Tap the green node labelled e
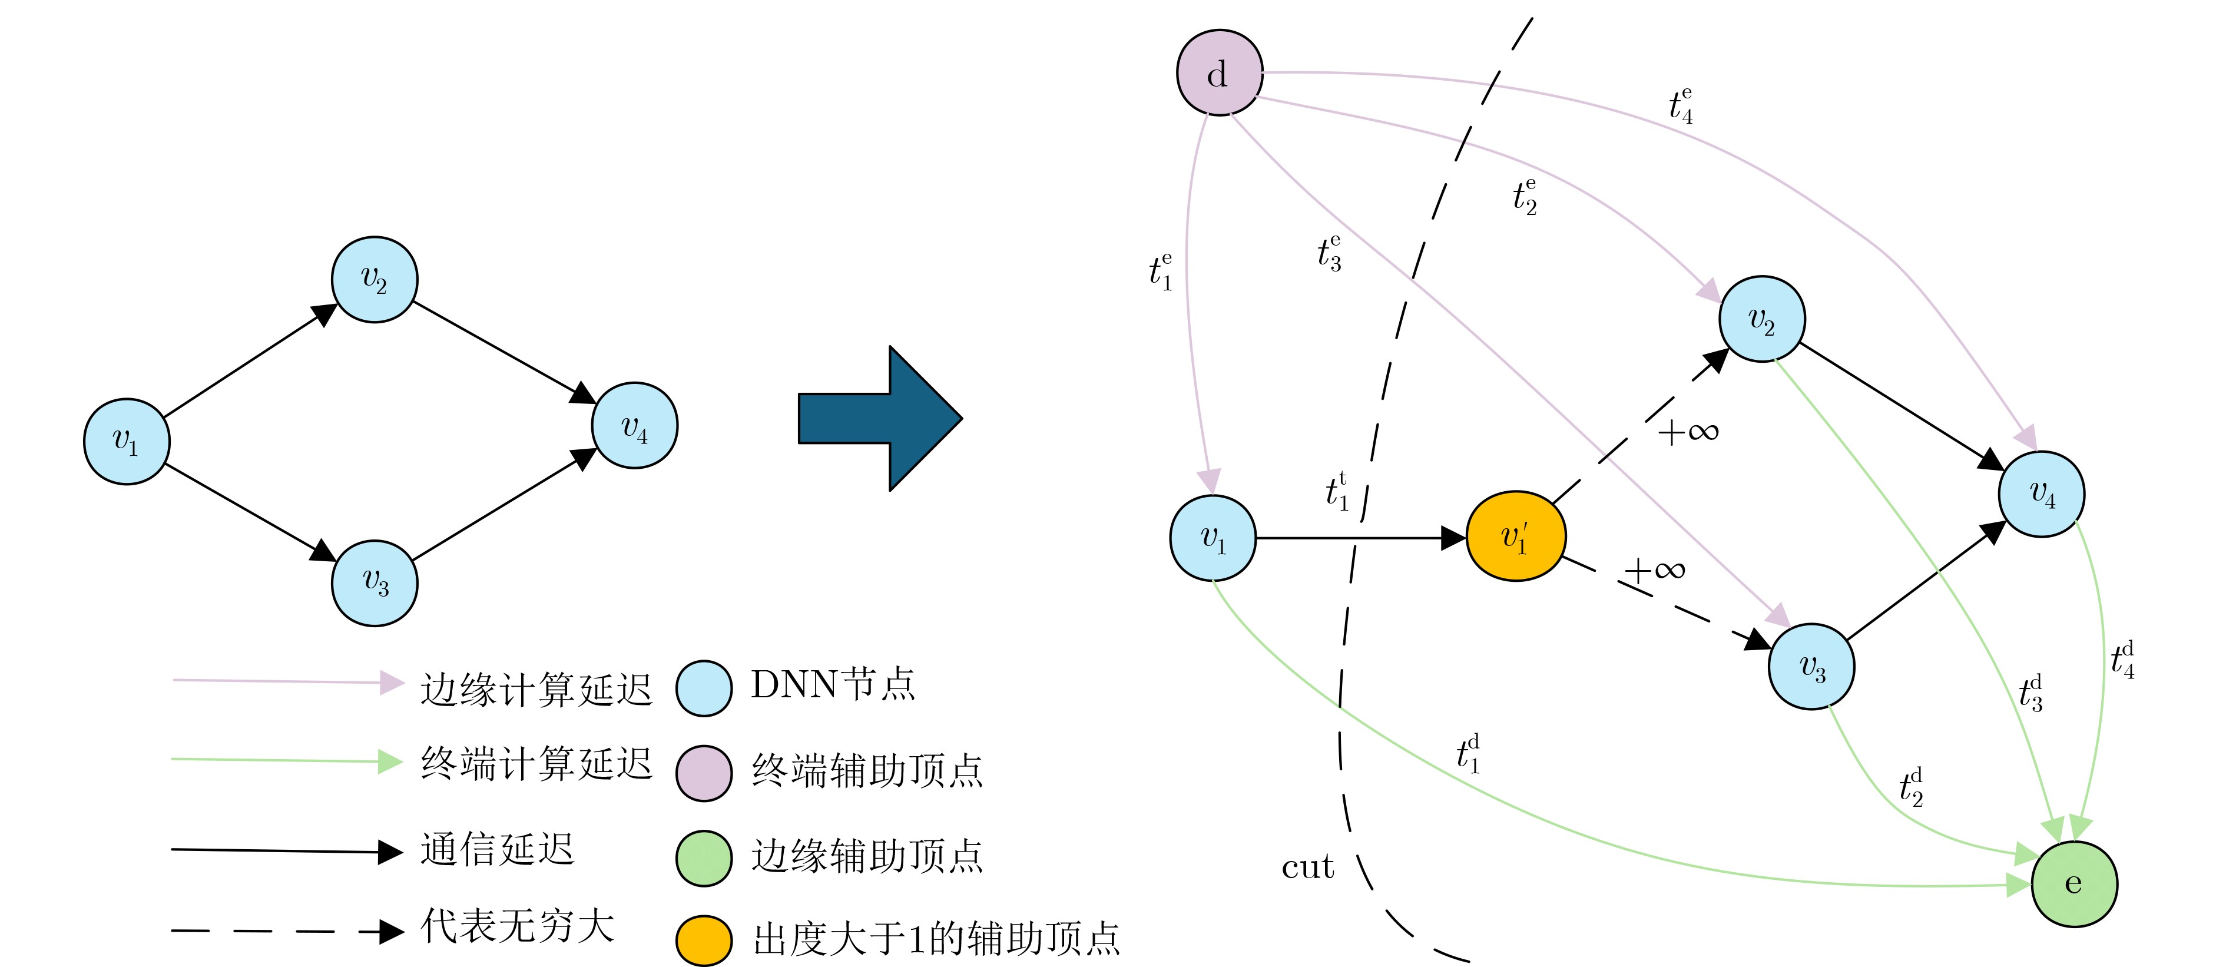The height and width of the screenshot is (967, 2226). [x=2073, y=883]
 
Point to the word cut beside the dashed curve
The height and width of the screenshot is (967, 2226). [x=1307, y=867]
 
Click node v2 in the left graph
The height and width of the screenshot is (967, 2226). [x=374, y=279]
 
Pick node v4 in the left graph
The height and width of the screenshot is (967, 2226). [x=634, y=425]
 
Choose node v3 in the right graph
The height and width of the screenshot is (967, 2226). [x=1811, y=666]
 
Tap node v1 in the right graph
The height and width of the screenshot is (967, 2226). [x=1213, y=538]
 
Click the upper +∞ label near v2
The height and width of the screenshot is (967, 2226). [x=1688, y=431]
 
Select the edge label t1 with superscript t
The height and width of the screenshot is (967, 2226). [x=1337, y=491]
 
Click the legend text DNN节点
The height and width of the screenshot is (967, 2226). [x=832, y=684]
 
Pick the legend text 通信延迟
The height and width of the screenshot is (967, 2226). [x=497, y=849]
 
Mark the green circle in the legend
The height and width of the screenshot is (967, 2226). [x=703, y=858]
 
